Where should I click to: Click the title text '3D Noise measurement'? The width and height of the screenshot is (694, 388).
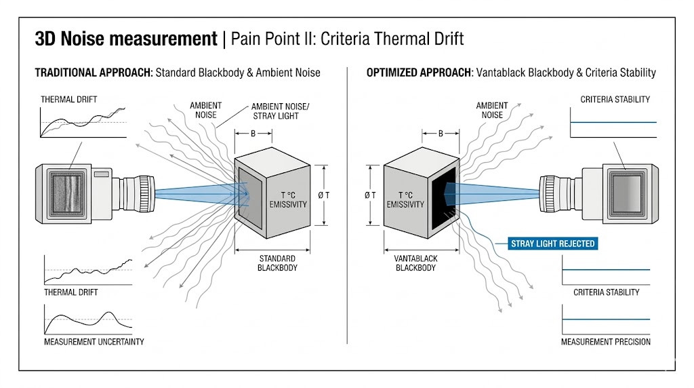pos(126,39)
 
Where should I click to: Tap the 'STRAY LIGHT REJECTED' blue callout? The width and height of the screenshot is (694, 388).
pos(553,244)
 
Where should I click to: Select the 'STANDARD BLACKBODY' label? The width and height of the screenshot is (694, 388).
pos(277,263)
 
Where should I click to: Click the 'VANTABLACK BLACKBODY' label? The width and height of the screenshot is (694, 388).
pos(415,263)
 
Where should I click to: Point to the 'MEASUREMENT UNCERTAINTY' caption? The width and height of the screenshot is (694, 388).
pos(94,342)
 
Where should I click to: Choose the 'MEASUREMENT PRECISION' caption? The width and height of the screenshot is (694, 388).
pos(605,342)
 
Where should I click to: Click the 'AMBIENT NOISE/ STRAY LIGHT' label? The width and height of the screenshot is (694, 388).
pos(277,111)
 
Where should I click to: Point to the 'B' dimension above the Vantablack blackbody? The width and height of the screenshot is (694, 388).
pos(441,133)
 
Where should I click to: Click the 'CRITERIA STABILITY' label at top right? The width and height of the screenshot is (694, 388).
pos(615,100)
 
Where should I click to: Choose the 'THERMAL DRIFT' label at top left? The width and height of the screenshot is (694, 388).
pos(69,100)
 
